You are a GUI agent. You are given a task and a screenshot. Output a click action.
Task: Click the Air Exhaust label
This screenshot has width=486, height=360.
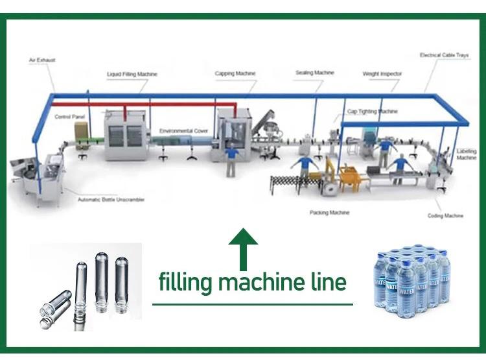coord(42,60)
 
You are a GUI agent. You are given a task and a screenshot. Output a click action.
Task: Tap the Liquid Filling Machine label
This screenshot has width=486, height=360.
coord(132,75)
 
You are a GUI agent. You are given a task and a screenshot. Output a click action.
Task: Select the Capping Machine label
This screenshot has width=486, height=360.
coord(235,74)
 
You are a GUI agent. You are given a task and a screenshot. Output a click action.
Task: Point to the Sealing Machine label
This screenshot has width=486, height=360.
coord(314,73)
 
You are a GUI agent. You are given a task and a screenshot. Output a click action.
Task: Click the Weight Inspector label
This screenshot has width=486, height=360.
coord(382,74)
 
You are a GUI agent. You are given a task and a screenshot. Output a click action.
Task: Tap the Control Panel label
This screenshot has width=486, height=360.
coord(69,117)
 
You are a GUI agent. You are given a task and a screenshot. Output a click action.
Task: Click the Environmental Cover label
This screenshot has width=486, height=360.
coord(183,131)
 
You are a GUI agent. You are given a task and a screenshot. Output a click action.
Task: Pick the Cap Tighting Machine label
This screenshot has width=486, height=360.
coord(373,112)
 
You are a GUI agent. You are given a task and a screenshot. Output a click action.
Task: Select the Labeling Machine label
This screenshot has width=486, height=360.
coord(466,154)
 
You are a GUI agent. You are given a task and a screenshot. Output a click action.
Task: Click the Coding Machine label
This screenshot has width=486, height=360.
coord(445,215)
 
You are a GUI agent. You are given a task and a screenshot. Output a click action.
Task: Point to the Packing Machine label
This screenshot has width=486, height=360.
coord(329,213)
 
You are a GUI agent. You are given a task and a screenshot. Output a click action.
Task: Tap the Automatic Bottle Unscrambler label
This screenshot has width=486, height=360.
coord(111,199)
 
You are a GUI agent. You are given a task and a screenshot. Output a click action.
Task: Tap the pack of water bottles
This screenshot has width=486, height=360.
coord(411,282)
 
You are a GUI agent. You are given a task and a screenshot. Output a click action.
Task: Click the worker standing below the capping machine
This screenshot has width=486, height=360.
coord(231,160)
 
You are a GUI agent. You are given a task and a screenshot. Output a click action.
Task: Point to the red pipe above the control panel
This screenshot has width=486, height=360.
coord(91,103)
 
